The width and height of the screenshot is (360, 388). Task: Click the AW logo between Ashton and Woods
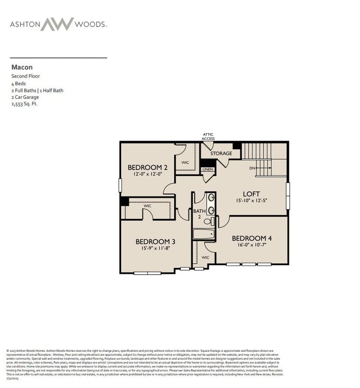57,24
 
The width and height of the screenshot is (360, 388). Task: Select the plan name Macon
22,67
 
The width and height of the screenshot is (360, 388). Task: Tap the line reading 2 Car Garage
25,97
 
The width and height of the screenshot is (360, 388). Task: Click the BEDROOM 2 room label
144,167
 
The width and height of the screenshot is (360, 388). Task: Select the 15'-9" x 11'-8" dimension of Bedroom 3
153,248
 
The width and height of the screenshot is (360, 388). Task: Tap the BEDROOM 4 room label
252,238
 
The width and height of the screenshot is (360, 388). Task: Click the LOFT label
252,194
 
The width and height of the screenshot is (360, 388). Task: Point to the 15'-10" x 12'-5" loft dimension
252,201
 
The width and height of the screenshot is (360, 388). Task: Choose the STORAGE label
221,153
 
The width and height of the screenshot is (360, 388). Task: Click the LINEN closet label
207,169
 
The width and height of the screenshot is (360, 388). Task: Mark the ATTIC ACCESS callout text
208,136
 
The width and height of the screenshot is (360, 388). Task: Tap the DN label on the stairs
252,168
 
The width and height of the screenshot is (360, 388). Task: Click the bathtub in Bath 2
204,234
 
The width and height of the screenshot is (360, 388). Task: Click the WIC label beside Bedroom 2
185,162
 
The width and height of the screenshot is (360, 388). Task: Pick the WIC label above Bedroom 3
147,205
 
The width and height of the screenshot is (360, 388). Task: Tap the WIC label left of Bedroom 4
205,258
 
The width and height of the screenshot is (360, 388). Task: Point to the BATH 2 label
198,214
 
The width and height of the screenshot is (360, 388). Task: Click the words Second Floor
26,76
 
